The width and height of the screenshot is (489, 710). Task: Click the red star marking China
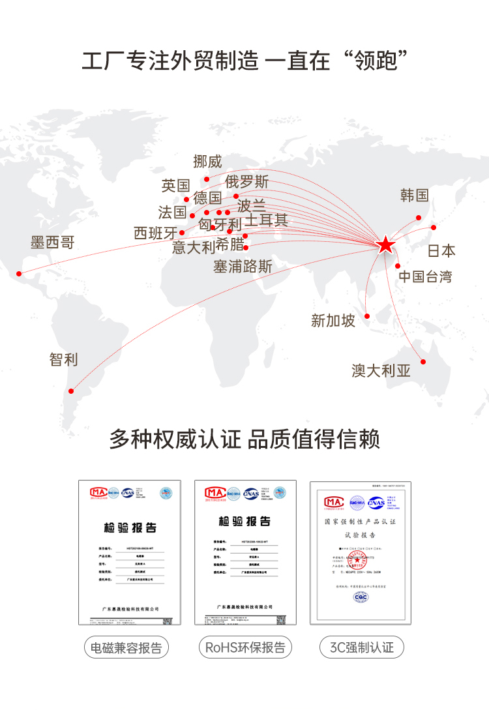coord(386,245)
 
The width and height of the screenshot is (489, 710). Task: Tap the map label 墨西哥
coord(53,243)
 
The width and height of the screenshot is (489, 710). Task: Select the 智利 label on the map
coord(63,359)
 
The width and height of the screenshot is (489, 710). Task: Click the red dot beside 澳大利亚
coord(423,362)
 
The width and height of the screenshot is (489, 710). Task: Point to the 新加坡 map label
coord(333,320)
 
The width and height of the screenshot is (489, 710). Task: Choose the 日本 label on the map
coord(441,251)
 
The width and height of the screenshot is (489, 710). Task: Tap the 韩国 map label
coord(415,195)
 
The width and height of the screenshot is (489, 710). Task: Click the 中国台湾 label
coord(425,276)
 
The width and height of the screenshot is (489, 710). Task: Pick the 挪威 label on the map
coord(207,162)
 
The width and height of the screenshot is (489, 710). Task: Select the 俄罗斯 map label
coord(247,181)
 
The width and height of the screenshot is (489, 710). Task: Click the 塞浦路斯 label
coord(243,267)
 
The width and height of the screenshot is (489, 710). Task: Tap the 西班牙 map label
coord(155,233)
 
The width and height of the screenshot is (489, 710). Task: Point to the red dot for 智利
coord(71,391)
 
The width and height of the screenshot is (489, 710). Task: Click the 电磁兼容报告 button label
coord(126,648)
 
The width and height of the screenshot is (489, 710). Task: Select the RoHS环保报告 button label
coord(245,648)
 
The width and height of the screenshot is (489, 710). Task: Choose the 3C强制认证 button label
coord(362,648)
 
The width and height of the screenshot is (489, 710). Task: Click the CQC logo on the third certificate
coord(360,596)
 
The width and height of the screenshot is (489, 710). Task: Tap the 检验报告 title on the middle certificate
coord(244,522)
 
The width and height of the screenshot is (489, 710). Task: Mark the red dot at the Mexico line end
coord(19,273)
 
